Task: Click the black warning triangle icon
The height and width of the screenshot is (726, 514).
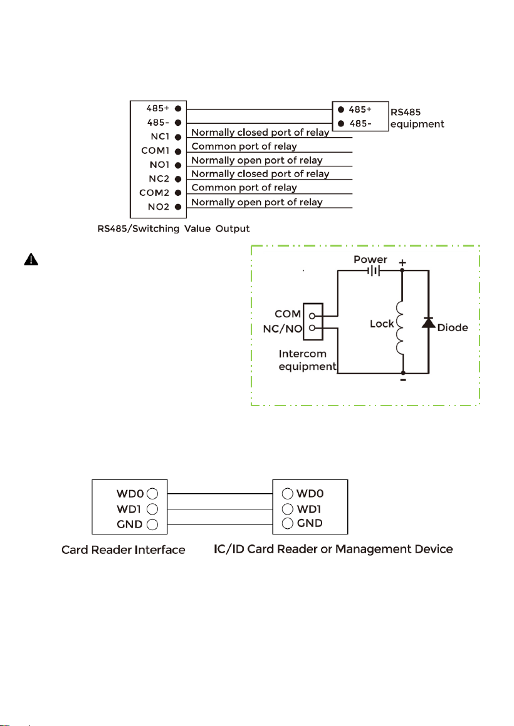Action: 31,259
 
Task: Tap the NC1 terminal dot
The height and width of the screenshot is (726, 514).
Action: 177,137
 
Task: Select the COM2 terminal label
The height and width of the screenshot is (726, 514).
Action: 154,193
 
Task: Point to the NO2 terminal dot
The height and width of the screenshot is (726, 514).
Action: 177,207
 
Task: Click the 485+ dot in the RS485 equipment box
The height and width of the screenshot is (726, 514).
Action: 341,110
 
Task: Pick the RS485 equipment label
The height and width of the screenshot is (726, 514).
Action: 417,118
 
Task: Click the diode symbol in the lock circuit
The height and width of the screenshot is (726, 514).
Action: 428,322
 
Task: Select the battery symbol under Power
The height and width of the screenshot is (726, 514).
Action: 374,271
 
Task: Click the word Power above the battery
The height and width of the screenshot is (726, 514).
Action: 370,259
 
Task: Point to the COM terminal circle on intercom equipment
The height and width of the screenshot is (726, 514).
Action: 312,316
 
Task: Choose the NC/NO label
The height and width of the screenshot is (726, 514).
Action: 283,329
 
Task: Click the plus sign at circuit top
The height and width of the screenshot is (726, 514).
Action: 402,263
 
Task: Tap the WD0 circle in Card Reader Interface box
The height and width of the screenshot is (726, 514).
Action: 152,494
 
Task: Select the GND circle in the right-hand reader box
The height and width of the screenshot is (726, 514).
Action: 288,524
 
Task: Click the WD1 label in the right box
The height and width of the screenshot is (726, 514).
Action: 309,509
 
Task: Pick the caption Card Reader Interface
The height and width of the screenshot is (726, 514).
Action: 123,550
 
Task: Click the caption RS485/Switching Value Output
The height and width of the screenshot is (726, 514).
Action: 174,228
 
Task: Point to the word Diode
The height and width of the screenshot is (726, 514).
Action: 453,328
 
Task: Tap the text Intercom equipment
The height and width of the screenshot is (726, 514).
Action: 307,360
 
